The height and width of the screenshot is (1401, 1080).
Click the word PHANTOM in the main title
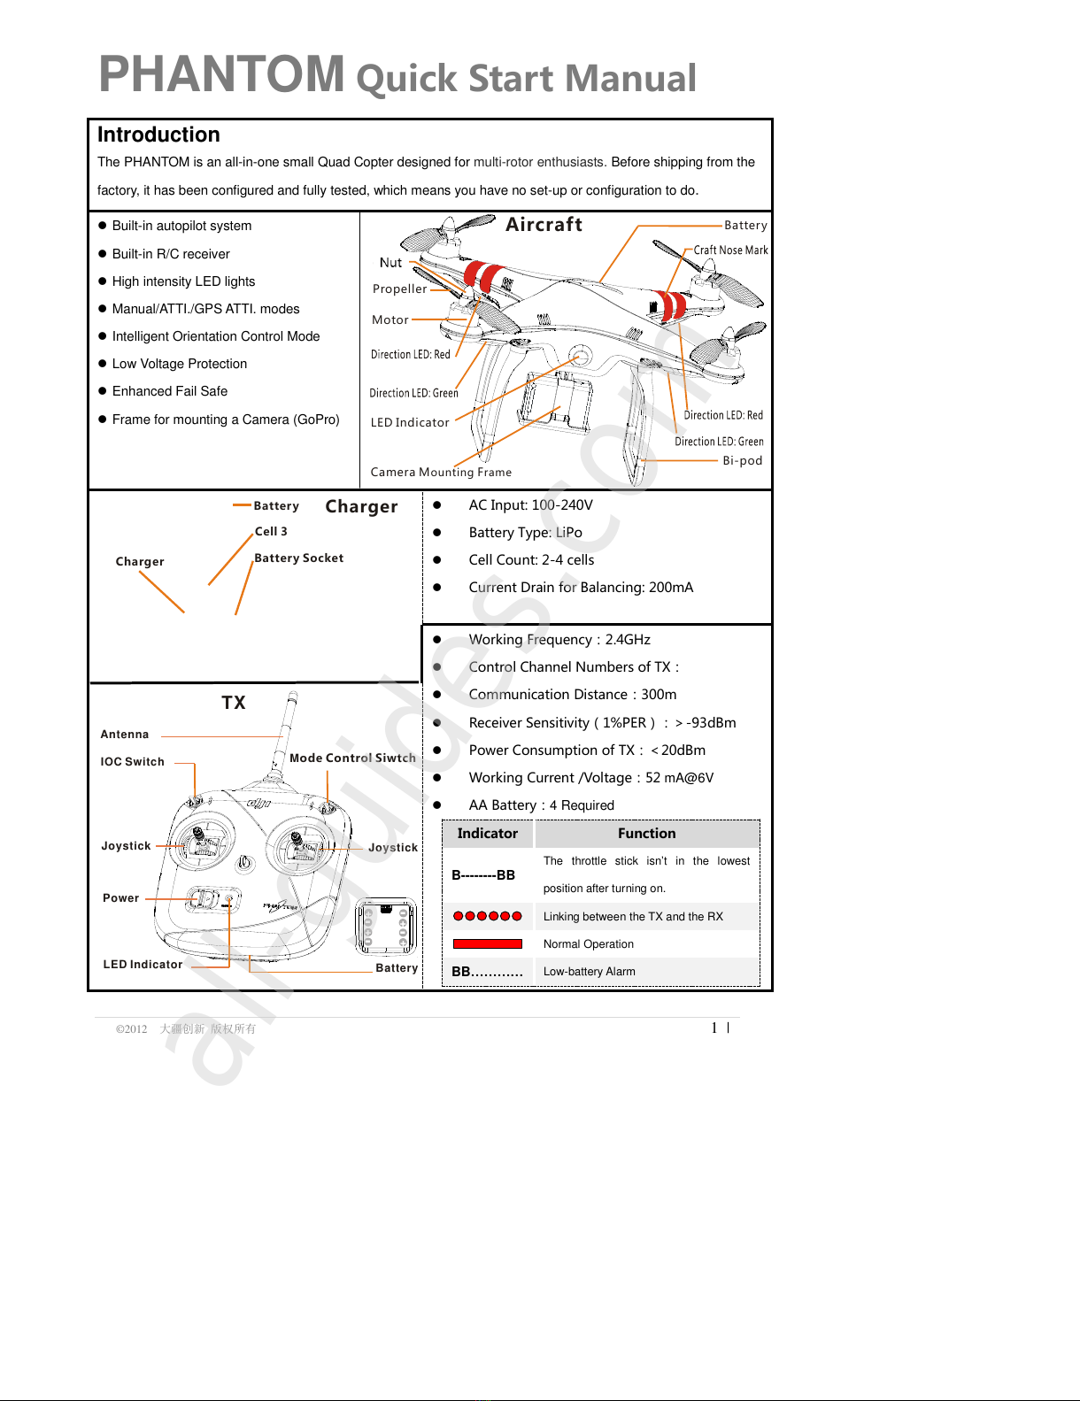(x=221, y=73)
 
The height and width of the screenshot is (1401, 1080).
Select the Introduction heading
(x=158, y=135)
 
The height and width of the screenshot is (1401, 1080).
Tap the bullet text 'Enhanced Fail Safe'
(x=169, y=391)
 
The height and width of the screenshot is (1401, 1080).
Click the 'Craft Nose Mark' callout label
(x=730, y=250)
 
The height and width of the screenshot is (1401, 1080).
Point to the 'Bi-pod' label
(x=742, y=460)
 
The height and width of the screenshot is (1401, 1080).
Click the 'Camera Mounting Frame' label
(x=441, y=472)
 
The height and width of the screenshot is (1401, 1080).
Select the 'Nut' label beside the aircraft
(x=390, y=263)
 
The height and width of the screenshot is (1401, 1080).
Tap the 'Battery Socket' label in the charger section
(x=298, y=558)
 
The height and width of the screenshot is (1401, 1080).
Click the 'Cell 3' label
(x=271, y=532)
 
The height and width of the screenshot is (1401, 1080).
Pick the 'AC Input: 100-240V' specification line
(x=530, y=505)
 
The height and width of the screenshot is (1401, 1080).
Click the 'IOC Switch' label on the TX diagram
(x=132, y=762)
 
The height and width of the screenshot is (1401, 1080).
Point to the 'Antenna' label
(x=125, y=735)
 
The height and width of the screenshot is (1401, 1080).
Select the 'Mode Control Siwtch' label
(x=352, y=758)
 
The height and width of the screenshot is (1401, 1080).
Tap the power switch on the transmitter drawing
(x=205, y=899)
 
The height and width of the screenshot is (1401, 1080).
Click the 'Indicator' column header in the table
(x=487, y=834)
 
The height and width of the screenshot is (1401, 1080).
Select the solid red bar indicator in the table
(x=487, y=944)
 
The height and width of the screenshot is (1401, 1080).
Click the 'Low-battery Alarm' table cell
(x=589, y=972)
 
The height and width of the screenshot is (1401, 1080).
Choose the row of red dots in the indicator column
(x=487, y=916)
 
